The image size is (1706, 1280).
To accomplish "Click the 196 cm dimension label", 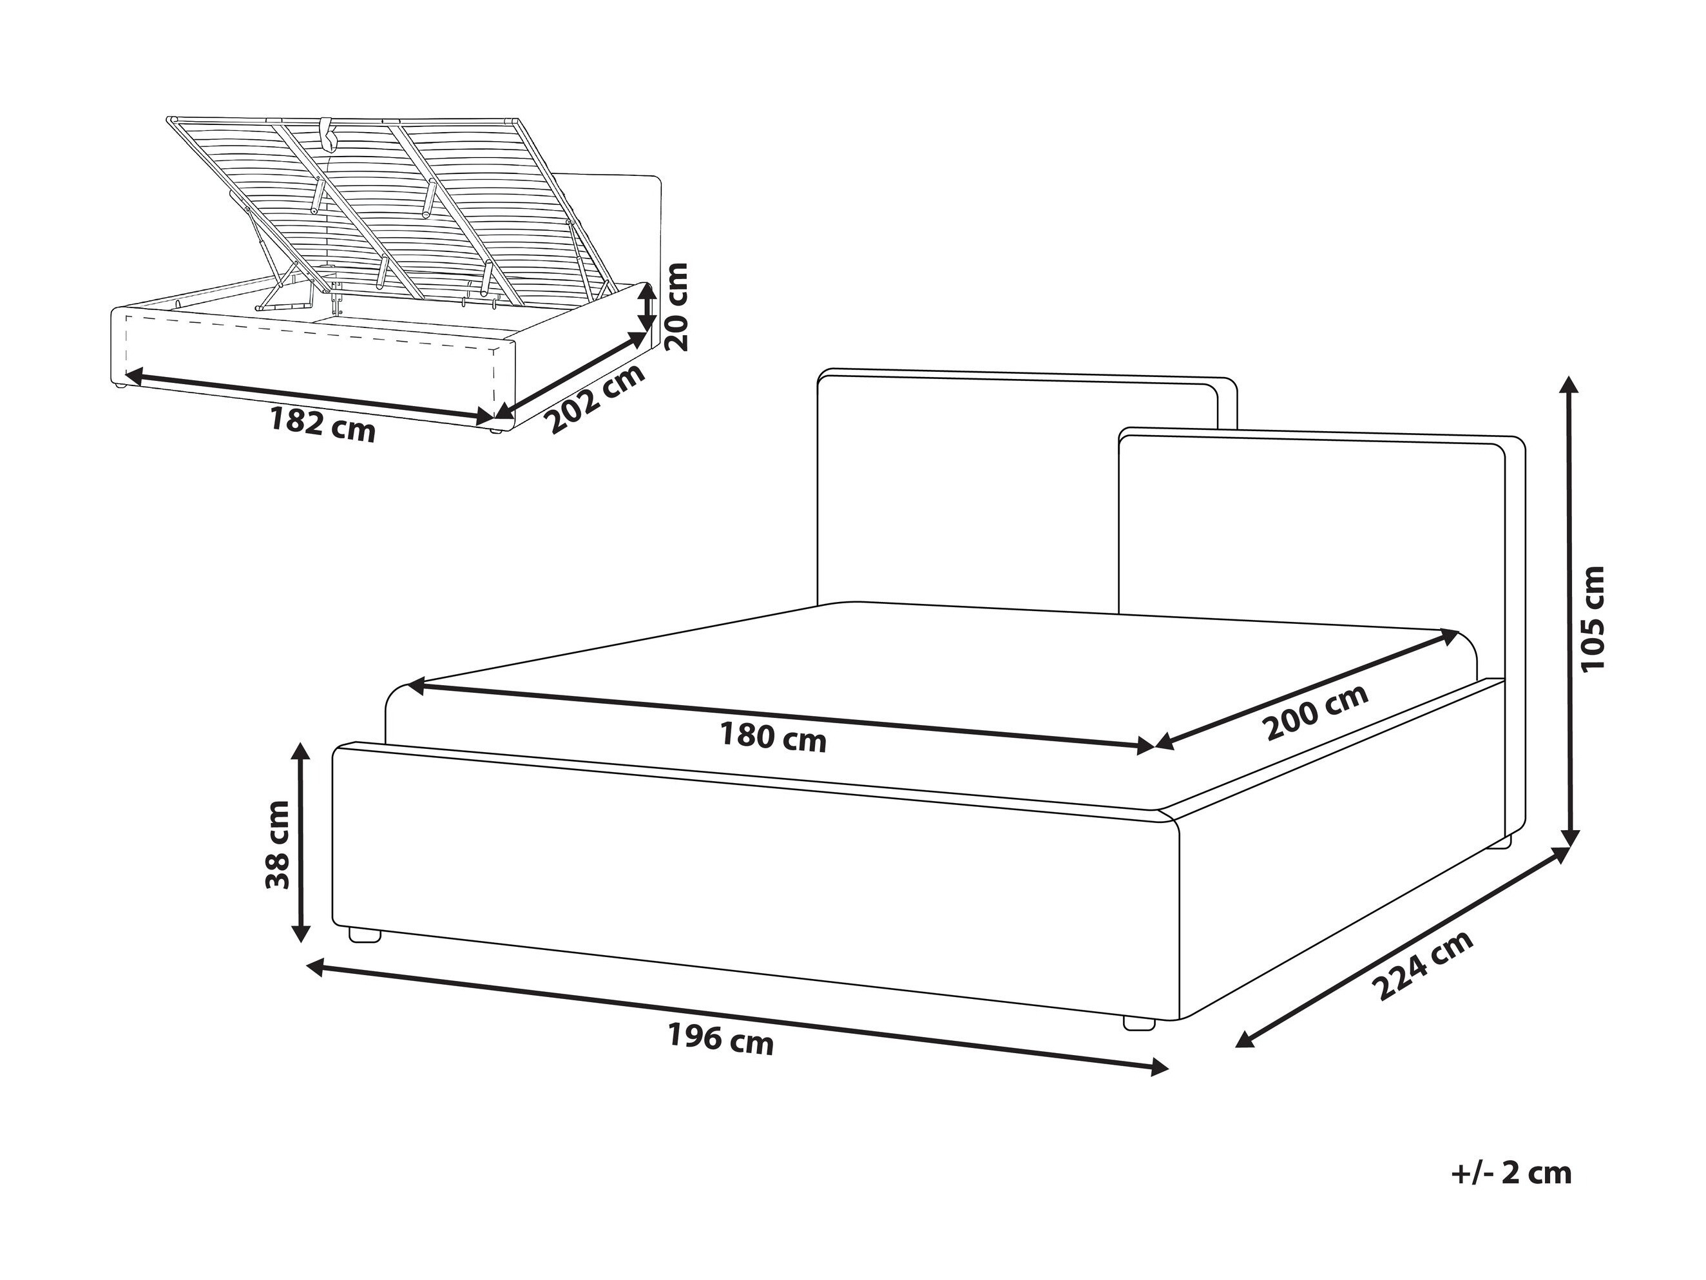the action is click(720, 1040).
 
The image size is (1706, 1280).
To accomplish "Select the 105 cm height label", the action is click(1592, 618).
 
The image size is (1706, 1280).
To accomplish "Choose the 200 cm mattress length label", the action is click(1318, 712).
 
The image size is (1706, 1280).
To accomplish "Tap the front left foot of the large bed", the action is click(365, 935).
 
